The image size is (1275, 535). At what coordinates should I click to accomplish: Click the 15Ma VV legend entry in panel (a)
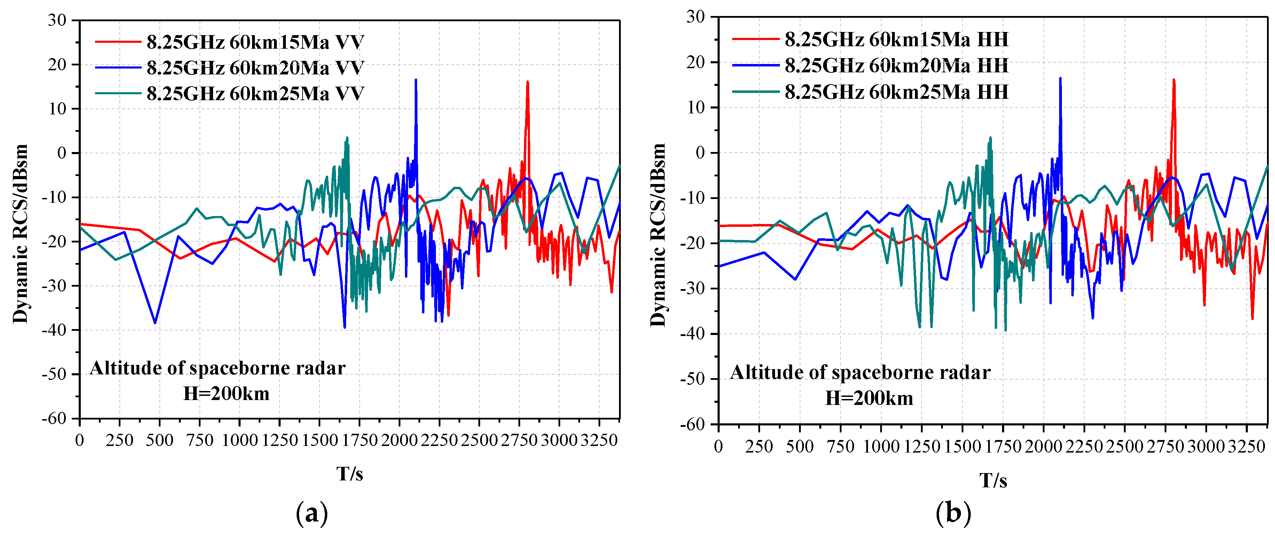[x=255, y=42]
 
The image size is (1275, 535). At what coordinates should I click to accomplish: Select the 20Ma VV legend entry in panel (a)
[x=255, y=68]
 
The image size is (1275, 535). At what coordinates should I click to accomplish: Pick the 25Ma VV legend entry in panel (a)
[x=255, y=94]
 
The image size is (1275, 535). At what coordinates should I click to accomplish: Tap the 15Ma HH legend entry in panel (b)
[x=896, y=40]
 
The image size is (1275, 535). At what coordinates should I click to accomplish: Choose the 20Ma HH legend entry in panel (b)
[x=896, y=66]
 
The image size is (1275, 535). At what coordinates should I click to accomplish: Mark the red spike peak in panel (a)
[x=527, y=82]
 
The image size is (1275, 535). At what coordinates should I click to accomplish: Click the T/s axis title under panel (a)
[x=350, y=474]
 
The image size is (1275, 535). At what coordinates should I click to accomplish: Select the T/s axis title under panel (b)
[x=993, y=480]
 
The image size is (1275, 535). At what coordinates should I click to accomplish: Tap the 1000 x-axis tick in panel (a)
[x=240, y=440]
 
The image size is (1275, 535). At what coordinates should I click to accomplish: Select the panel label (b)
[x=953, y=513]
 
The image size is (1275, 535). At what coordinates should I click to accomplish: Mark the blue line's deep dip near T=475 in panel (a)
[x=155, y=323]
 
